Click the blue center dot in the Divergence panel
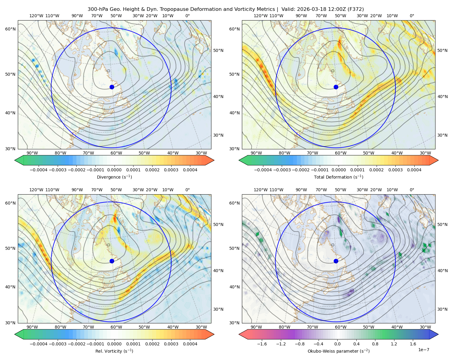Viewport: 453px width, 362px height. tap(112, 87)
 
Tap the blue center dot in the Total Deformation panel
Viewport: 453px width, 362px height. tap(336, 87)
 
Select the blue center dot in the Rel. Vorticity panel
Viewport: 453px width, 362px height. tap(112, 261)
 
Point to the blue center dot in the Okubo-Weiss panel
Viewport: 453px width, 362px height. tap(336, 261)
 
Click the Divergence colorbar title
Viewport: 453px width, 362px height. tap(114, 177)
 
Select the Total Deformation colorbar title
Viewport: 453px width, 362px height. tap(339, 177)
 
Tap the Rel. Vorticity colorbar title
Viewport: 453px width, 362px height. tap(114, 351)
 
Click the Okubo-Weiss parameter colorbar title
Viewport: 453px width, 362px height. tap(339, 351)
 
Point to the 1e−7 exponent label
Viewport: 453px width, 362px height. tap(423, 350)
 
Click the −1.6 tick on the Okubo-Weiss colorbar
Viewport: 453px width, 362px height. tap(262, 344)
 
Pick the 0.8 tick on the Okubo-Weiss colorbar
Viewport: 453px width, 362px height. tap(375, 344)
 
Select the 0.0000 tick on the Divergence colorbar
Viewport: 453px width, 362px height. tap(114, 170)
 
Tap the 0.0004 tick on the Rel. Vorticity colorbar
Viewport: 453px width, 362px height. tap(190, 344)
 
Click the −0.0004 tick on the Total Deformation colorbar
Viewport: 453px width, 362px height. tap(263, 170)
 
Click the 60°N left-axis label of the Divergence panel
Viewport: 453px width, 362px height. tap(10, 29)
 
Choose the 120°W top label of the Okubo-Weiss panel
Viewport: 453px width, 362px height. tap(261, 190)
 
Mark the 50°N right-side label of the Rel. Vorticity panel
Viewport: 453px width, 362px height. tap(218, 224)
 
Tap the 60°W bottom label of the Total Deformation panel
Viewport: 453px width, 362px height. tap(341, 153)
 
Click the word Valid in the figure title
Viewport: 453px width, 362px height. tap(287, 9)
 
